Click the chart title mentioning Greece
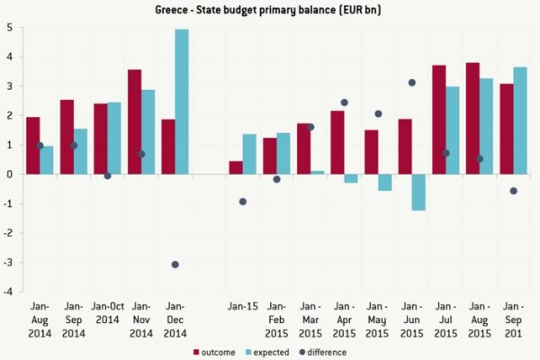(269, 10)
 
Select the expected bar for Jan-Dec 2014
(182, 102)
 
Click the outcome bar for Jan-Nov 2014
(134, 121)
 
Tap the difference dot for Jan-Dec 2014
(175, 264)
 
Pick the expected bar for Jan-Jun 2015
(418, 192)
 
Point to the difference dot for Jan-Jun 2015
(412, 83)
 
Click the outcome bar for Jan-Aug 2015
(472, 118)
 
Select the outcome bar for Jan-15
(236, 167)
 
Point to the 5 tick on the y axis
(8, 27)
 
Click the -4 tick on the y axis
(6, 292)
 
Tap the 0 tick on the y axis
(8, 174)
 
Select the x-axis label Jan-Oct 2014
(107, 311)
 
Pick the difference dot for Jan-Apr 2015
(344, 102)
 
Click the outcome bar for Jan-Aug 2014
(32, 145)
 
